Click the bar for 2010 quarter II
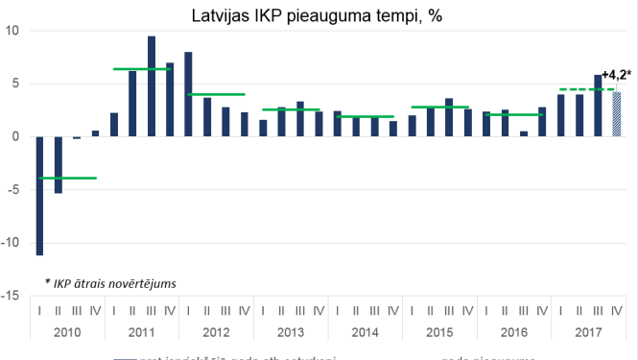coord(58,164)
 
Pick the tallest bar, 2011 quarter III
coord(152,86)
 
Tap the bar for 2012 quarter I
coord(188,94)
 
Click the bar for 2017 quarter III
coord(598,106)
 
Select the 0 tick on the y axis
coord(14,136)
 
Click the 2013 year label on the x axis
coord(291,332)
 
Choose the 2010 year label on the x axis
coord(67,332)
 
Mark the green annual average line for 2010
coord(67,178)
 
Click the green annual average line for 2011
coord(142,69)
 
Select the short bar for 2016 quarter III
coord(524,133)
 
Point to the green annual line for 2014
coord(366,116)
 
